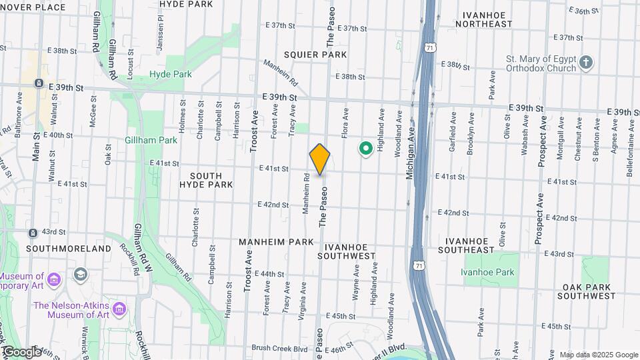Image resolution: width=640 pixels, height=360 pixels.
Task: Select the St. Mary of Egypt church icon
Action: (x=586, y=62)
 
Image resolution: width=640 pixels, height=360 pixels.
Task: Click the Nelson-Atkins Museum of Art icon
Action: (x=119, y=308)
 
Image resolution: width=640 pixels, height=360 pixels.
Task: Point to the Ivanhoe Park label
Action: (x=488, y=272)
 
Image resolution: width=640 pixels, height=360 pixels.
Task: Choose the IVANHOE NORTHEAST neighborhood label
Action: (x=493, y=18)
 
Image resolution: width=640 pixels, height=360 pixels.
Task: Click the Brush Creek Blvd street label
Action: (x=279, y=348)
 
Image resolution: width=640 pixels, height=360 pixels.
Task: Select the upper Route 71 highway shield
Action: (x=431, y=48)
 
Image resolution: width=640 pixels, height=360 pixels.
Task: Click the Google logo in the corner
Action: (x=22, y=352)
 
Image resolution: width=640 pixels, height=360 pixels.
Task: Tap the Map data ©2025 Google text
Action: (x=599, y=355)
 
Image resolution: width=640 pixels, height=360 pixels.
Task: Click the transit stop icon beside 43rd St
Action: (x=33, y=233)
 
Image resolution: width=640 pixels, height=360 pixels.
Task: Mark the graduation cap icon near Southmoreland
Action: (x=81, y=274)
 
